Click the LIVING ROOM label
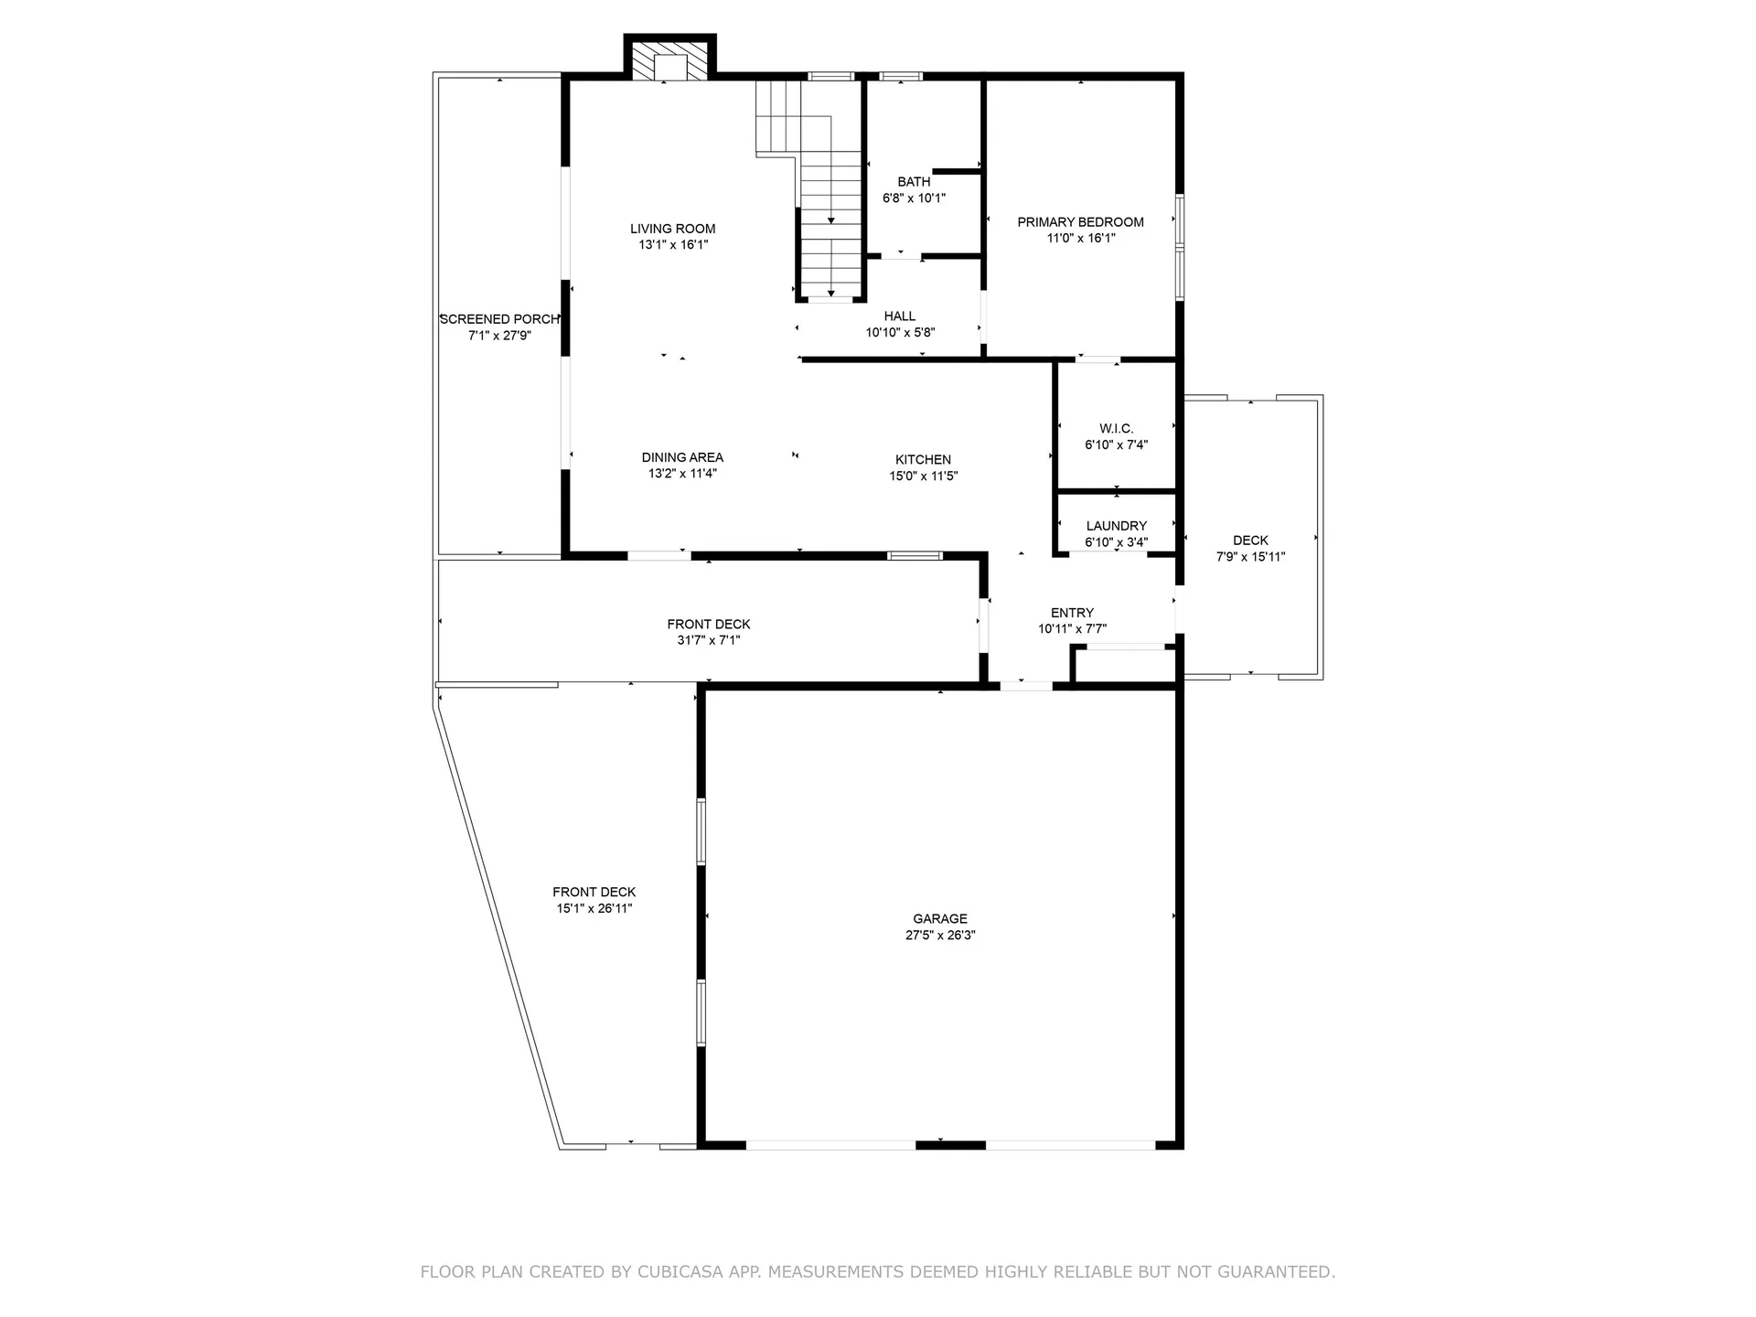pyautogui.click(x=672, y=229)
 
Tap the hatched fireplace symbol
pyautogui.click(x=670, y=62)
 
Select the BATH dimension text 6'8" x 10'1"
pyautogui.click(x=914, y=198)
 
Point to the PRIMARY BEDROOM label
pyautogui.click(x=1080, y=222)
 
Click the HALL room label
pyautogui.click(x=899, y=316)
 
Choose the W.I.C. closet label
pyautogui.click(x=1116, y=429)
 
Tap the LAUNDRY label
pyautogui.click(x=1116, y=526)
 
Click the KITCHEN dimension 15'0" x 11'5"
pyautogui.click(x=923, y=476)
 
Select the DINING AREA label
pyautogui.click(x=682, y=457)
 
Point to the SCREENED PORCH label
pyautogui.click(x=499, y=319)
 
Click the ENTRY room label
pyautogui.click(x=1072, y=613)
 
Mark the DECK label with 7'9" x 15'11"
pyautogui.click(x=1250, y=541)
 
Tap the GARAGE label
pyautogui.click(x=939, y=919)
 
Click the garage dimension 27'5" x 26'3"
pyautogui.click(x=939, y=936)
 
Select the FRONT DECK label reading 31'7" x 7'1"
pyautogui.click(x=708, y=625)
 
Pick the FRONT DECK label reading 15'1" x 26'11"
pyautogui.click(x=594, y=893)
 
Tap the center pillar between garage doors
pyautogui.click(x=950, y=1144)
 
